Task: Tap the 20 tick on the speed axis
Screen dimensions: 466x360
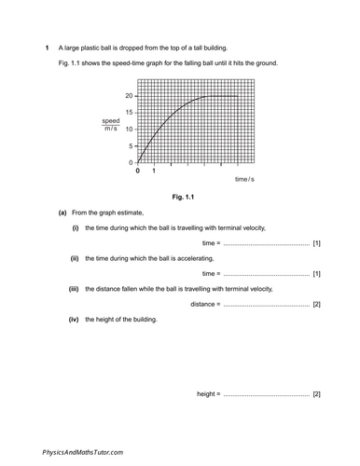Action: tap(130, 95)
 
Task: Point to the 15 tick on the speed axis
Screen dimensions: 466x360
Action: tap(130, 112)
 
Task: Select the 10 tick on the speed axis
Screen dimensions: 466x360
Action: tap(130, 129)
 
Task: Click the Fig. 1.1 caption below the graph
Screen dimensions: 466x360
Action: tap(179, 197)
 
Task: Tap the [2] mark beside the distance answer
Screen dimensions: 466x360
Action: tap(317, 305)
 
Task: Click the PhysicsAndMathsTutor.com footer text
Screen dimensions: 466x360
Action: tap(83, 451)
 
